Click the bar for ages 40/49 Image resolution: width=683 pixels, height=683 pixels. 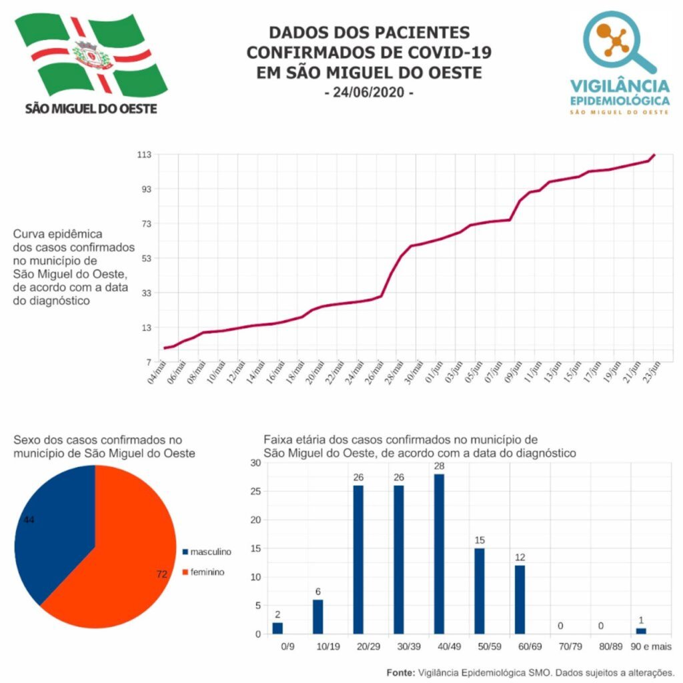[439, 554]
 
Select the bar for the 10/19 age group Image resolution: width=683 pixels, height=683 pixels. [318, 616]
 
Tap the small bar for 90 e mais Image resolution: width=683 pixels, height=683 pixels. [641, 630]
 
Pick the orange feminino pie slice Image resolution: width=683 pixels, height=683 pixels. [113, 560]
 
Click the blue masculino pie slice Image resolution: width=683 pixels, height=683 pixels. [50, 527]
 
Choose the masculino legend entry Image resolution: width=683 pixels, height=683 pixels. [207, 552]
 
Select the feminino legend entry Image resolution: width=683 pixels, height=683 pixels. [203, 572]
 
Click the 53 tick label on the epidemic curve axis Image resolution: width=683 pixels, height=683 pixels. [145, 258]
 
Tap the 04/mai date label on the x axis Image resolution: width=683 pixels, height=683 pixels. [157, 371]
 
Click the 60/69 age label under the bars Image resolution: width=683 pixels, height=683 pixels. [520, 646]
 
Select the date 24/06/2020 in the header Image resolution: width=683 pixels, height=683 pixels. [369, 93]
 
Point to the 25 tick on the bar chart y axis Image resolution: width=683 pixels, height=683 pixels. [255, 491]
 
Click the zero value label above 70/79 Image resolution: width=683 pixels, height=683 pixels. [560, 626]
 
